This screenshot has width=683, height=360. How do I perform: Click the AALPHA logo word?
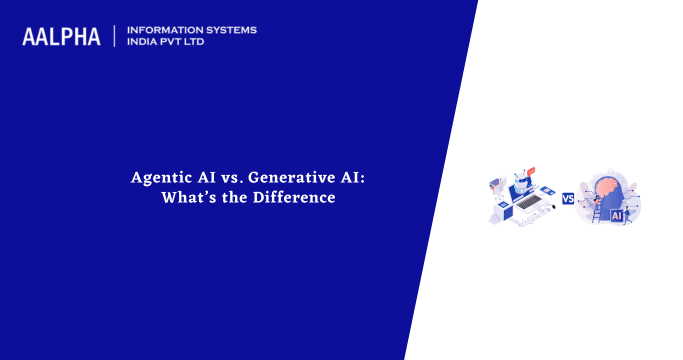click(61, 37)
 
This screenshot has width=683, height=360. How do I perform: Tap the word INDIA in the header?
click(145, 43)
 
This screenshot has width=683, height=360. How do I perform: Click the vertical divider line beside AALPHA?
click(115, 37)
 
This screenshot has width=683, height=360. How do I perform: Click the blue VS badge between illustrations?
click(568, 199)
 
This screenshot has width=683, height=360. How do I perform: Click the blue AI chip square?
click(616, 214)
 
